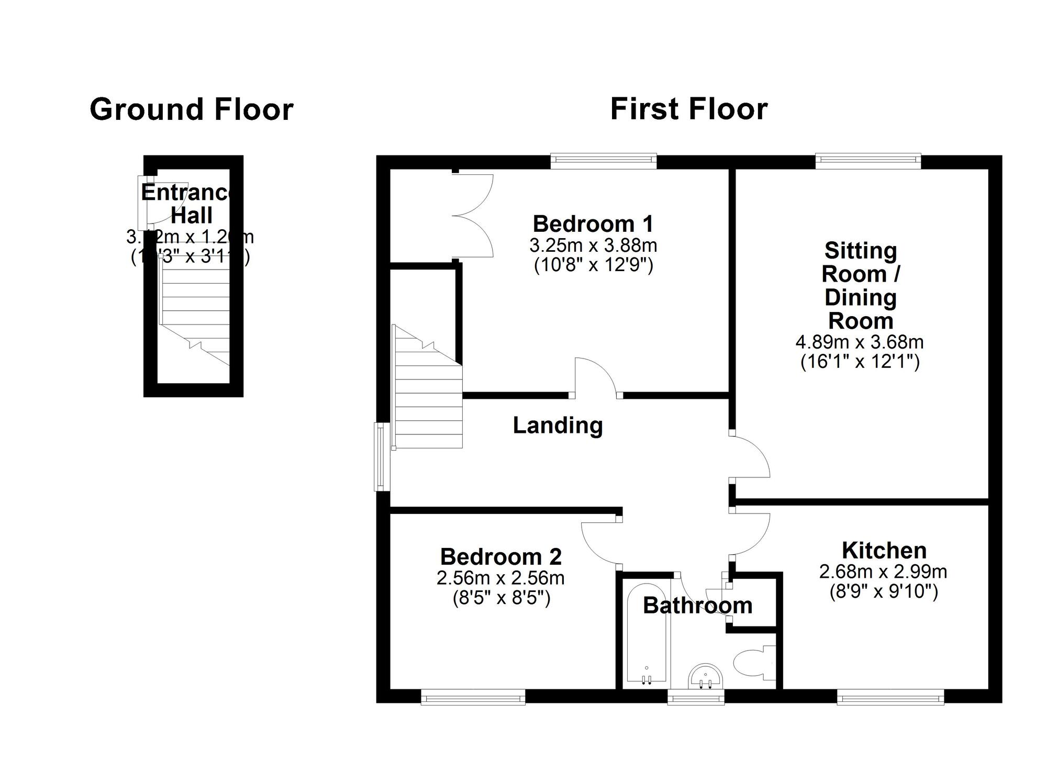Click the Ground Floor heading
[192, 109]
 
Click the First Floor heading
[688, 109]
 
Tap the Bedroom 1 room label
[593, 224]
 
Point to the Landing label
[558, 425]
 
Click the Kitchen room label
[884, 550]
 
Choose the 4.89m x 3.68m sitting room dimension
[859, 342]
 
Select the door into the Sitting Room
[750, 455]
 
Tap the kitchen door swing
[750, 535]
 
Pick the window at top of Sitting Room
[867, 160]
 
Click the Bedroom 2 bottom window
[473, 697]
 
